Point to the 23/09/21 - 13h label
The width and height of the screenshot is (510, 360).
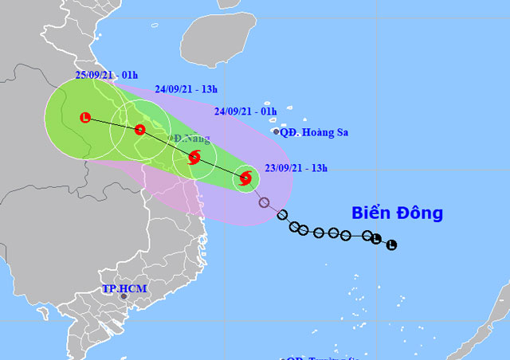pos(296,167)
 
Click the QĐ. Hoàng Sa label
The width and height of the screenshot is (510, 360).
pos(315,132)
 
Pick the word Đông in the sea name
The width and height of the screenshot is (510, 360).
pos(421,213)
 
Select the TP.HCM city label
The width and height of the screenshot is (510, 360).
pos(124,288)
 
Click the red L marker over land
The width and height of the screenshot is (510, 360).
pos(85,118)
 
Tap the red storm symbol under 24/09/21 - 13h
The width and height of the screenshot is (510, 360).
pos(140,130)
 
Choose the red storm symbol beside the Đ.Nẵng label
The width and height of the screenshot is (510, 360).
pos(194,158)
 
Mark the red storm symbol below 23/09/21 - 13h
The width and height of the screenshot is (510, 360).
pos(245,180)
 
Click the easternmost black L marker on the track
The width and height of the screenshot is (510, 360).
pos(391,245)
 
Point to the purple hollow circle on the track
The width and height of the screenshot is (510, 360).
pos(264,202)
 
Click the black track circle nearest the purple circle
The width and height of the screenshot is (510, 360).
pos(281,215)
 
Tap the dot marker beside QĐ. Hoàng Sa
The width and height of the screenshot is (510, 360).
pos(276,132)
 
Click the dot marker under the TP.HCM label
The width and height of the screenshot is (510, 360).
pos(124,296)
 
